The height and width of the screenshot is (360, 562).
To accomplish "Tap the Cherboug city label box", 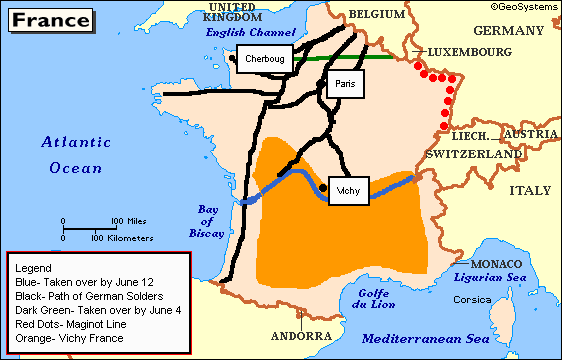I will click(x=265, y=59).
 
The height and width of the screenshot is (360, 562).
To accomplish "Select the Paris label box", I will click(x=344, y=85).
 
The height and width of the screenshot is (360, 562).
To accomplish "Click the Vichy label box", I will click(x=350, y=189).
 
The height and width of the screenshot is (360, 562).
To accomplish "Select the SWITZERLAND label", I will click(x=473, y=156).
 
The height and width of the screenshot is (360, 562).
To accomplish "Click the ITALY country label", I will click(x=531, y=189).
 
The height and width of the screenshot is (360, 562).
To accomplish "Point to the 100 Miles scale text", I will click(x=131, y=221).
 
